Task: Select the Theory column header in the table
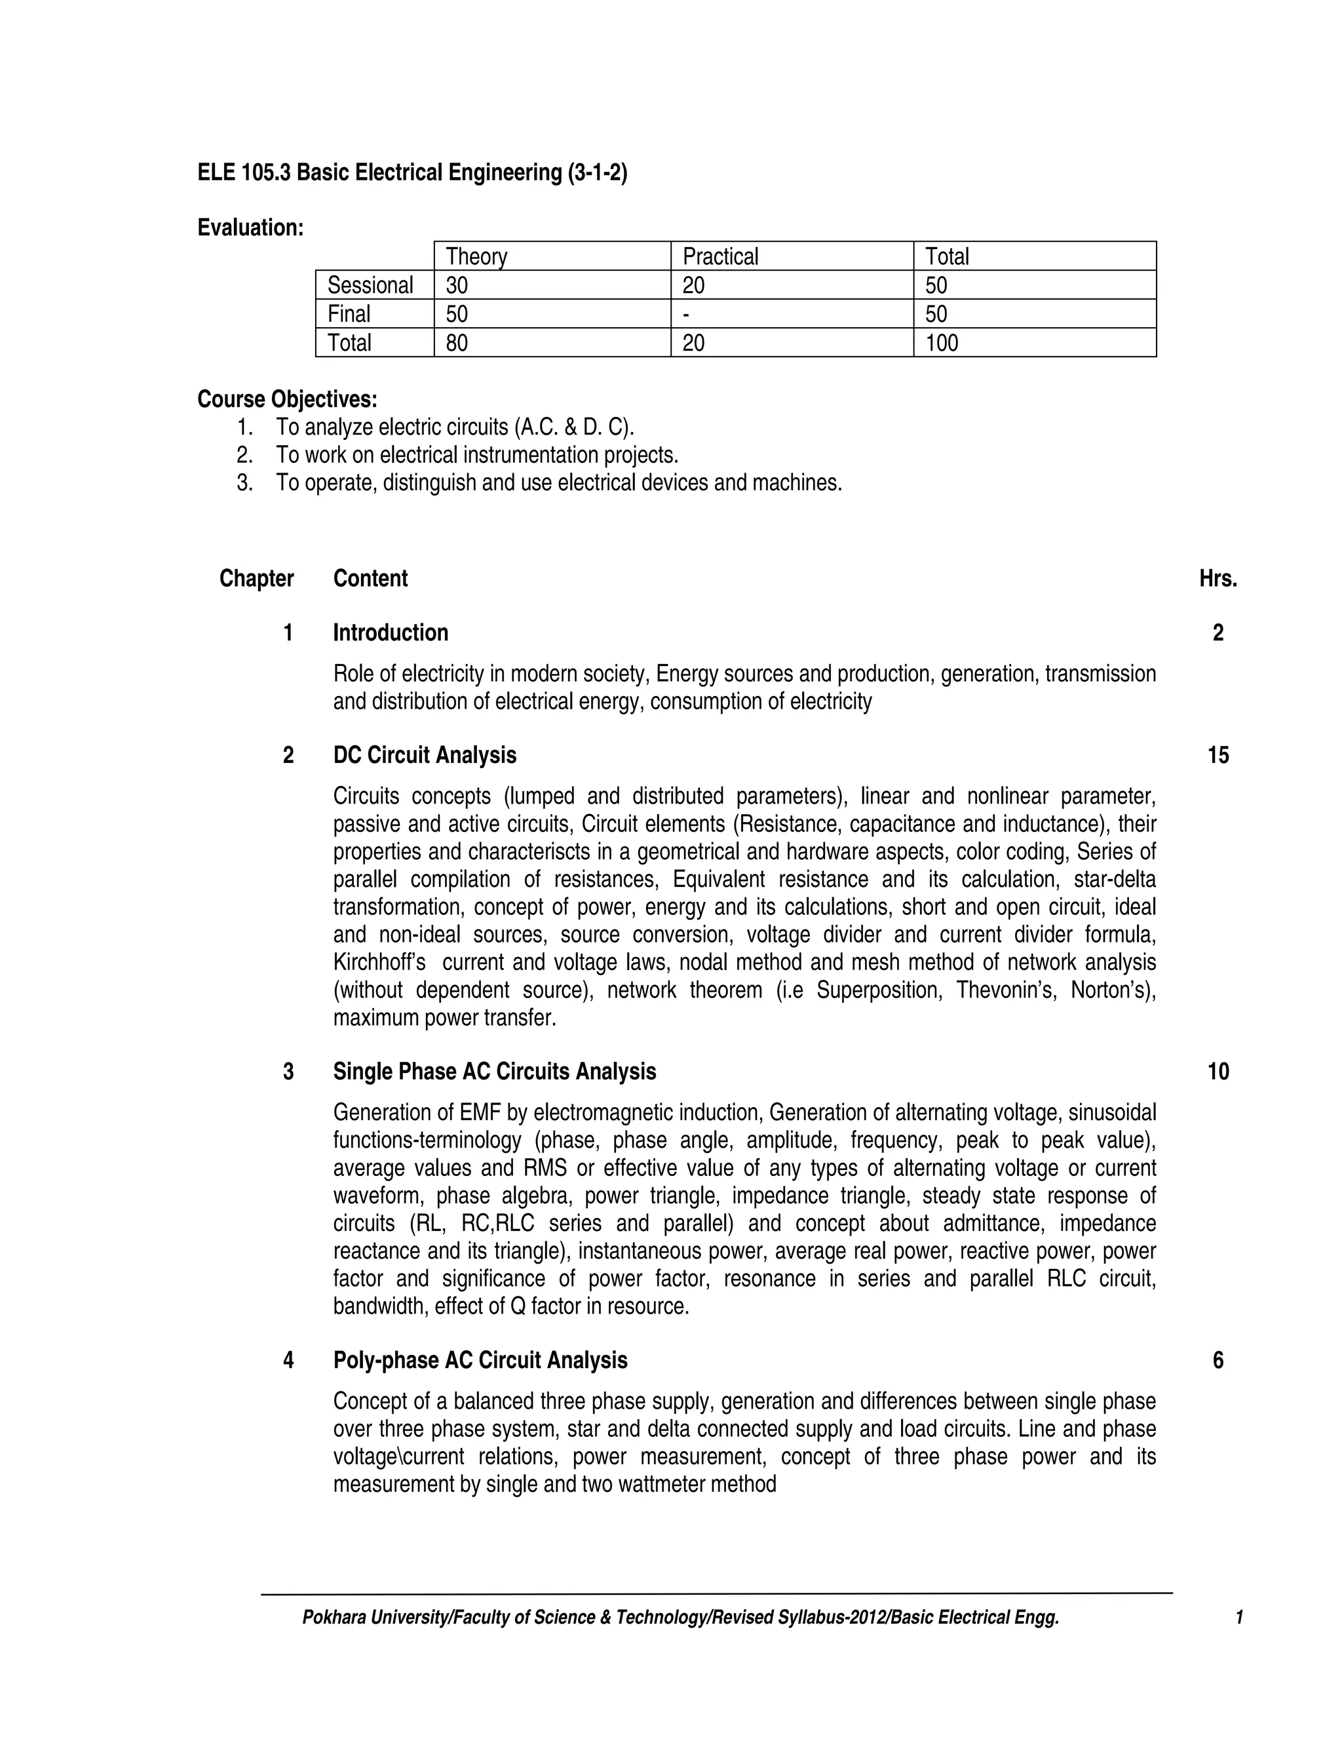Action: (x=476, y=256)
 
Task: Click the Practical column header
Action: (x=720, y=256)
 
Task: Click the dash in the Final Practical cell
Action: (x=686, y=313)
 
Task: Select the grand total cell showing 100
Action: (x=942, y=343)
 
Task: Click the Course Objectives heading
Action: (x=287, y=399)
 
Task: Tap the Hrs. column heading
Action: (x=1218, y=579)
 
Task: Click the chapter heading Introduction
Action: (x=391, y=633)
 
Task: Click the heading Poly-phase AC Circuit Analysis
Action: (x=480, y=1360)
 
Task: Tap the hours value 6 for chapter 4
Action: (x=1218, y=1360)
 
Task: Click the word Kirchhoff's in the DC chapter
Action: (x=379, y=962)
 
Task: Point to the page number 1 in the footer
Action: (x=1238, y=1617)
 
